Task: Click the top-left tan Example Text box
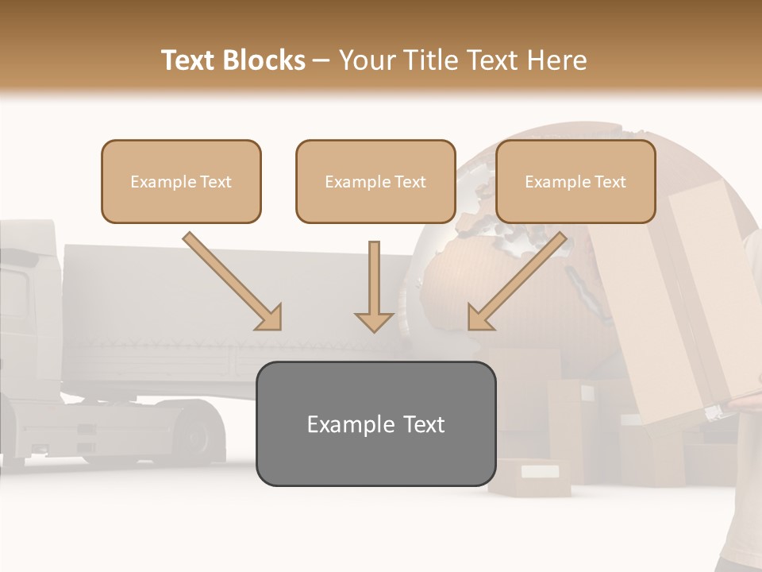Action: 181,181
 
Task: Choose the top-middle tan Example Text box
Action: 375,181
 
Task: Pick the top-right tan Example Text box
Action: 575,181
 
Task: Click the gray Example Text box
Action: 375,423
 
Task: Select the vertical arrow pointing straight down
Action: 374,286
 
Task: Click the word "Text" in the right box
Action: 610,182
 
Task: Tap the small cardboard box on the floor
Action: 529,477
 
